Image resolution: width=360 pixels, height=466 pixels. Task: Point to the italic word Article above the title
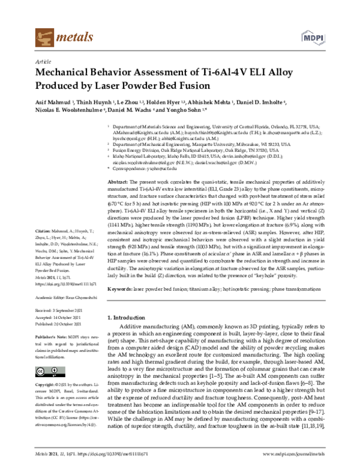(x=44, y=62)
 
